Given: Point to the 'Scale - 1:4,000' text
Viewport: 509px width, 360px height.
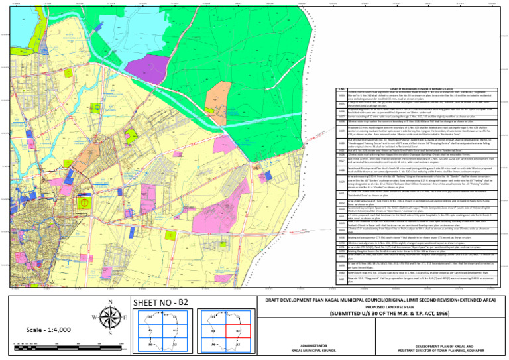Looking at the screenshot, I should click(x=46, y=330).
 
